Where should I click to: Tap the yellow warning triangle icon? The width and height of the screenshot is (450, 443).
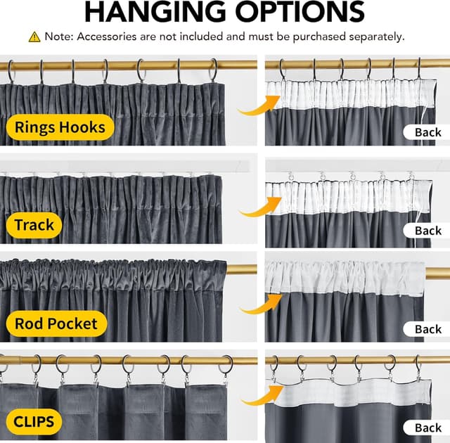click(34, 37)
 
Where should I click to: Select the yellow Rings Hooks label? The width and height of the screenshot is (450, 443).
click(60, 127)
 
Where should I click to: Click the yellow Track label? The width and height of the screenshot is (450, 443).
click(34, 226)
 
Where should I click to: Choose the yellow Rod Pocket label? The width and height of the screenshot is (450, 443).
click(60, 324)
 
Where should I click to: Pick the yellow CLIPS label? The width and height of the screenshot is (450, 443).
click(34, 423)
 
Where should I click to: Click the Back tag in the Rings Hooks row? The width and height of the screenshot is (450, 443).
click(427, 132)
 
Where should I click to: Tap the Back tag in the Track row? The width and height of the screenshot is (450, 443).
click(427, 231)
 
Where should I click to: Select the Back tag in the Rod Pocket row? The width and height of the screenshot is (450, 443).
click(427, 329)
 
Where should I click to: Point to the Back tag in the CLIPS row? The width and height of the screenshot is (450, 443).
click(427, 428)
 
